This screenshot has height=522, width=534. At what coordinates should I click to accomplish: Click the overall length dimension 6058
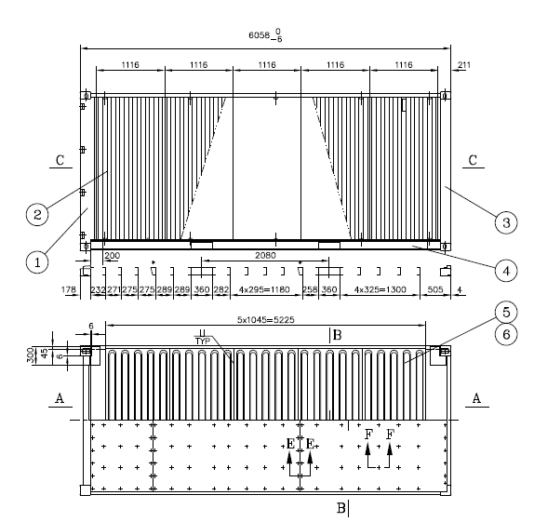click(x=260, y=35)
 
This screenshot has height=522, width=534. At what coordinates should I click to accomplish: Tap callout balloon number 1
click(x=37, y=262)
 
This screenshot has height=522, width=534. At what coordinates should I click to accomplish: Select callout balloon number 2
click(x=37, y=214)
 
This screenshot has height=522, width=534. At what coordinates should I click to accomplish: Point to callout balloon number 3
click(x=506, y=222)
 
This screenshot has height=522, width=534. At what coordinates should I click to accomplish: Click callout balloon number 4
click(x=506, y=271)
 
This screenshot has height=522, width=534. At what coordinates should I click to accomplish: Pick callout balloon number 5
click(x=506, y=312)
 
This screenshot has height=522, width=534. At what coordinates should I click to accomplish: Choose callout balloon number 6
click(x=506, y=334)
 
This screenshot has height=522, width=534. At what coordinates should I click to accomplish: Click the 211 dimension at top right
click(x=464, y=65)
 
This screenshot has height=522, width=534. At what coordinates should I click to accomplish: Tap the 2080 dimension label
click(x=265, y=255)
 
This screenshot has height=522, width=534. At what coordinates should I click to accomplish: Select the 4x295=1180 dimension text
click(x=264, y=289)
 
